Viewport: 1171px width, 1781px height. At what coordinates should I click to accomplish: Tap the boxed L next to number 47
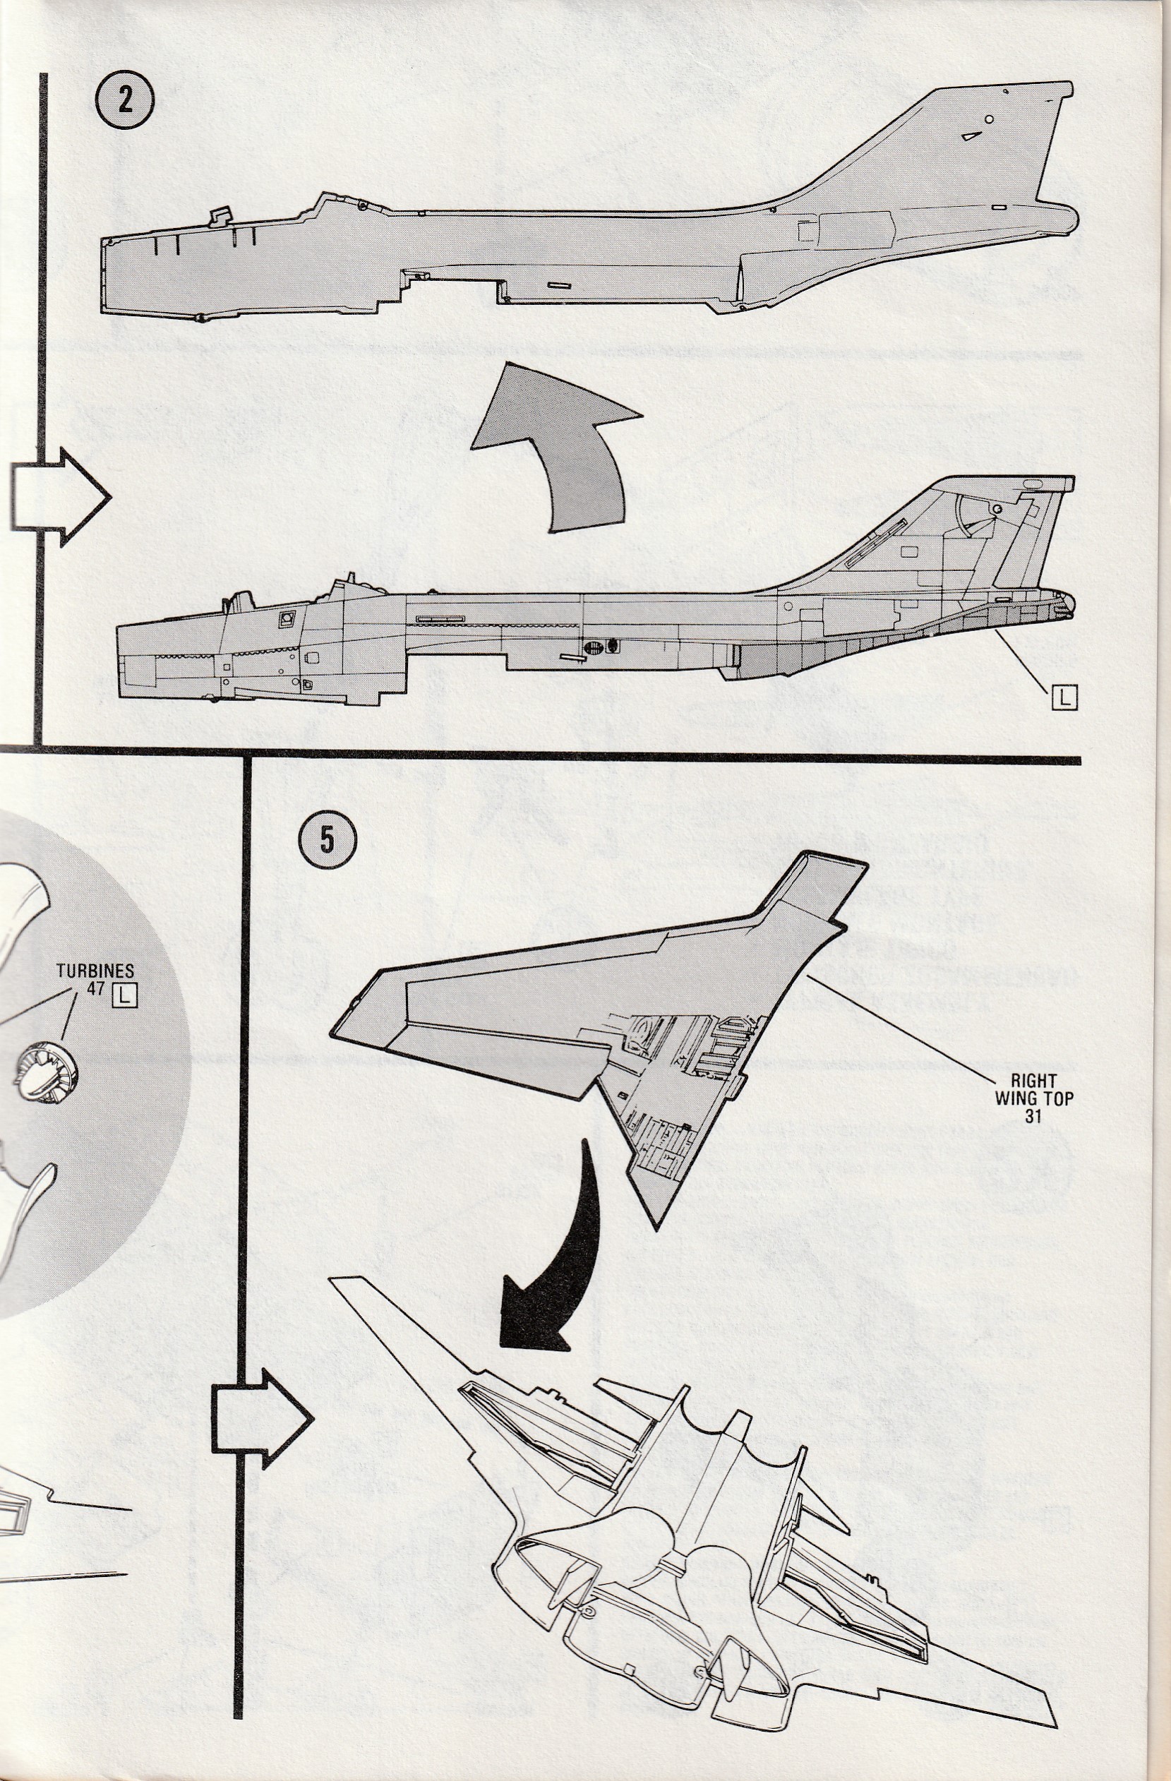tap(125, 995)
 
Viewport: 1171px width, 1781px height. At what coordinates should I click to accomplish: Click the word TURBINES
tap(95, 971)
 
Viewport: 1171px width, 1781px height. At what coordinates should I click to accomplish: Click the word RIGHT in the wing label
tap(1034, 1081)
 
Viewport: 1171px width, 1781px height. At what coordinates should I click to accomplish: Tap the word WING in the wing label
tap(1014, 1098)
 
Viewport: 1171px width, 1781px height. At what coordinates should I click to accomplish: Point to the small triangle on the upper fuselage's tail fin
tap(971, 136)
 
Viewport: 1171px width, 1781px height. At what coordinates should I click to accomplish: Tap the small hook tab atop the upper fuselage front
tap(217, 215)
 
